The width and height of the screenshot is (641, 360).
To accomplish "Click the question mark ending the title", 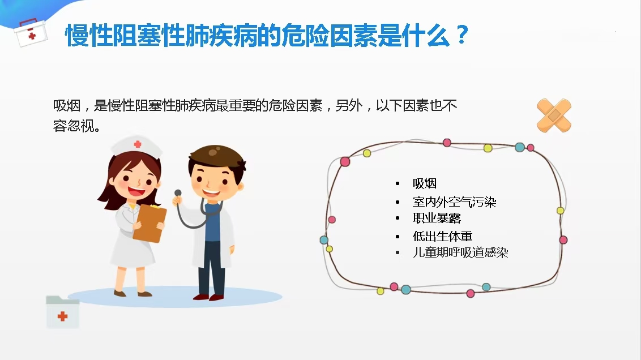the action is coord(463,35).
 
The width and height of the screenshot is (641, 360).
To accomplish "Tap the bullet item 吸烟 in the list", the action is coord(425,183).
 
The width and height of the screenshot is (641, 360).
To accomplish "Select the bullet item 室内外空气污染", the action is coord(455,202).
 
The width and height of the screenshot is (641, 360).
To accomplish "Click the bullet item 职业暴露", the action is coord(437,218).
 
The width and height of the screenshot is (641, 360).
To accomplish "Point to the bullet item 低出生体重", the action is coord(443,236).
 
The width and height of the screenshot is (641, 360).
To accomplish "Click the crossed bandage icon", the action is coord(554,115).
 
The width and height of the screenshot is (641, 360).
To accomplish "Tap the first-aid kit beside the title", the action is coord(30,33).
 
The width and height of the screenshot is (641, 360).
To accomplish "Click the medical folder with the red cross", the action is coord(62,312).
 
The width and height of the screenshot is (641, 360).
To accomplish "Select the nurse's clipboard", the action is coord(149,222).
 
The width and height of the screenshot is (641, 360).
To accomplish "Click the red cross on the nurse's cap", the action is coord(138,144).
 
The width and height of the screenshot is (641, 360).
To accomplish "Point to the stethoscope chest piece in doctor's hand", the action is coord(178,193).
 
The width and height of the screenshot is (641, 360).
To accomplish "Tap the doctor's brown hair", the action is coord(217,158).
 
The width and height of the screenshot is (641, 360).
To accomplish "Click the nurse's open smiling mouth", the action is coord(136,191).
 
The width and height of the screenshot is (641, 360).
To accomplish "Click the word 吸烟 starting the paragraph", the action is coord(67,106).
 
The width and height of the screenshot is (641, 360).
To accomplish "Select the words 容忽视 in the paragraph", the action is coord(74,126).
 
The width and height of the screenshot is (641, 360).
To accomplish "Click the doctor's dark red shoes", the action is coord(209,297).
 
